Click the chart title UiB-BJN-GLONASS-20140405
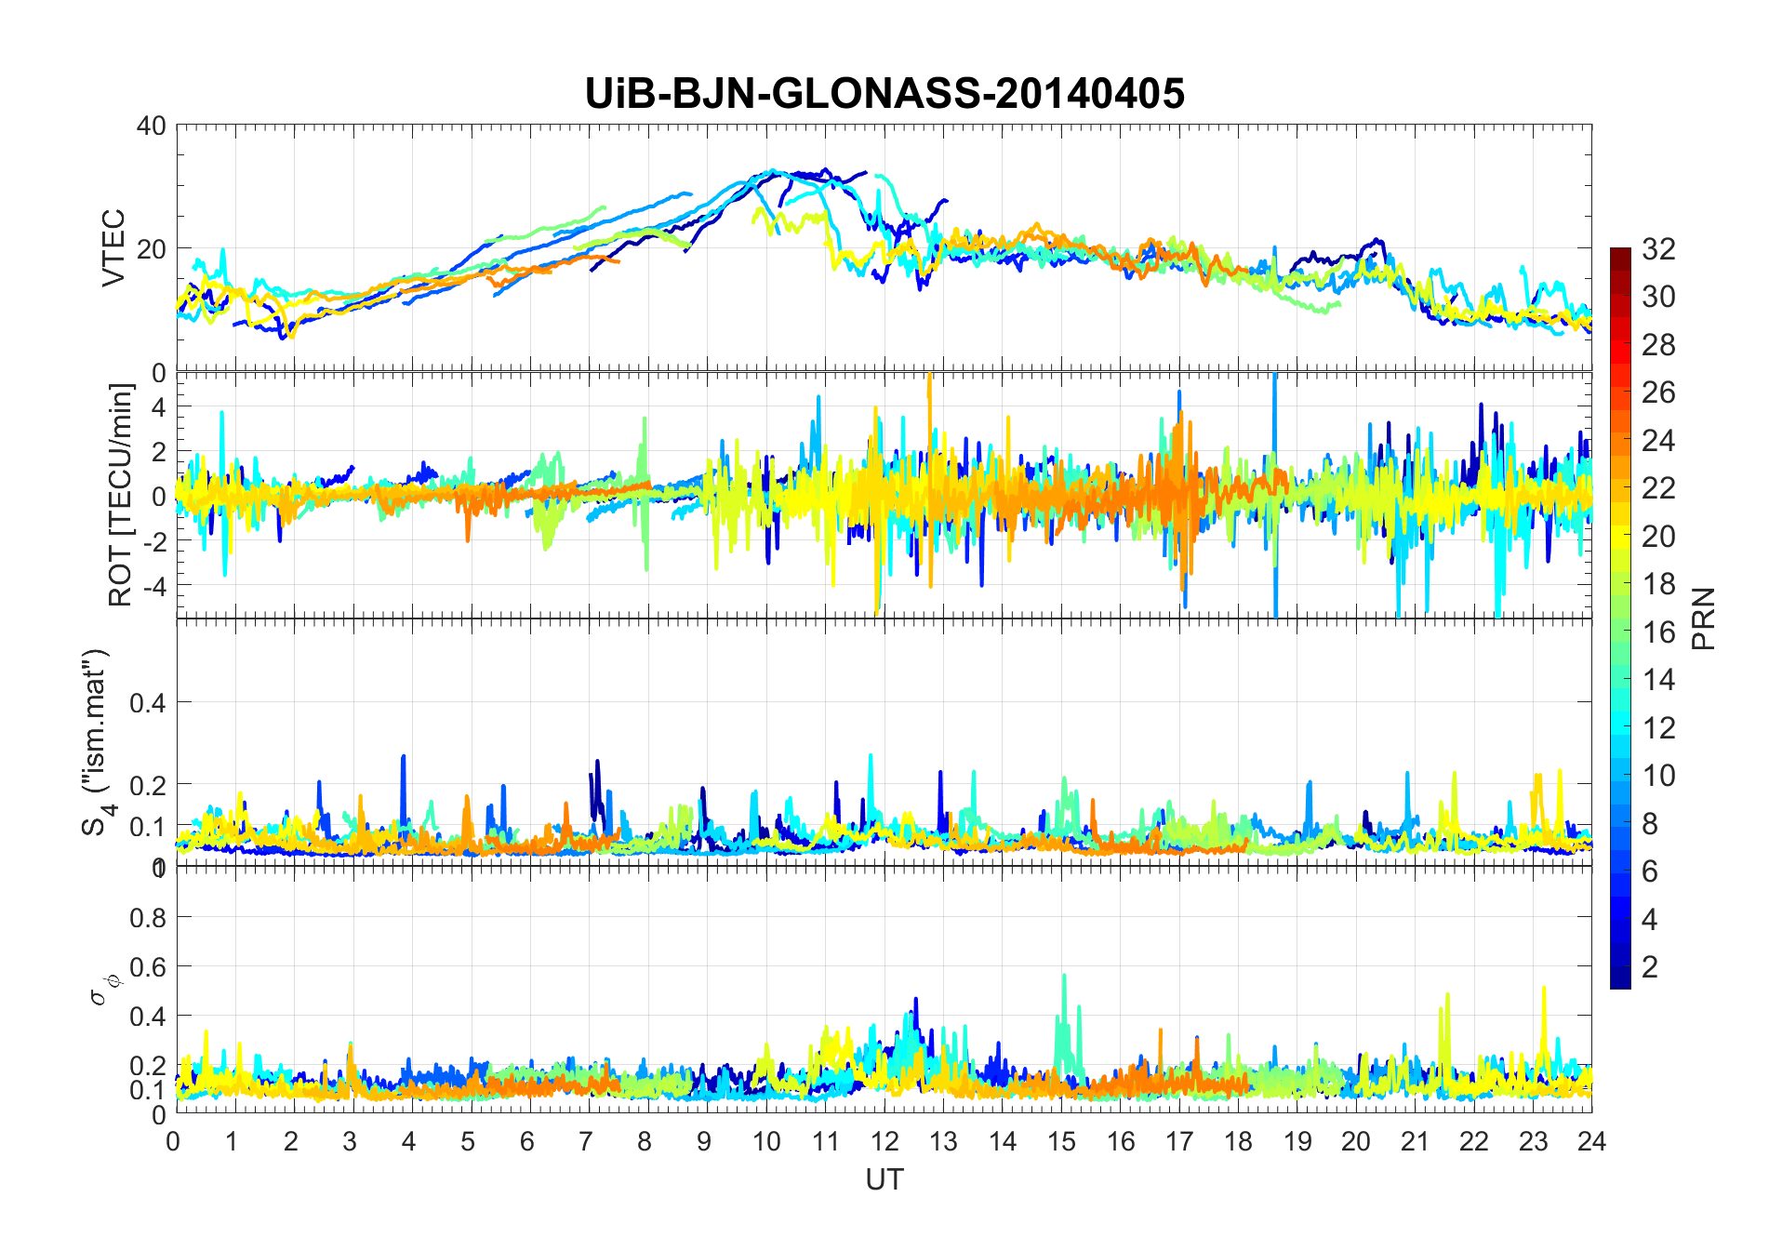point(884,94)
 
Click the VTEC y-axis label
point(113,248)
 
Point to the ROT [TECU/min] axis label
point(121,495)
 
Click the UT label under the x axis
point(884,1179)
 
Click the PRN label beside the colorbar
point(1704,618)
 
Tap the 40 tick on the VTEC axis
point(151,126)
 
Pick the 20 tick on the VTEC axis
point(151,249)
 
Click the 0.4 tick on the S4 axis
point(147,703)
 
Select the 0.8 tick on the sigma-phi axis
point(147,918)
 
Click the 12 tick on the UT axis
point(884,1141)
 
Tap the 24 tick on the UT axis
point(1591,1141)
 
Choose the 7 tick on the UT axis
point(586,1141)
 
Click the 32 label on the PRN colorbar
point(1658,248)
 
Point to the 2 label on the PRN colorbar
point(1650,966)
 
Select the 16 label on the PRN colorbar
point(1658,632)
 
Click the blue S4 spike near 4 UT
point(404,759)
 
